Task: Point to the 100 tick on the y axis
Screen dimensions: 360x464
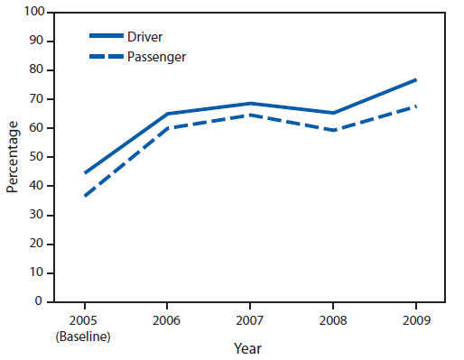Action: click(34, 12)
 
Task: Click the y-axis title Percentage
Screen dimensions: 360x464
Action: click(13, 158)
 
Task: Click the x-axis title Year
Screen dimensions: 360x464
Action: click(250, 348)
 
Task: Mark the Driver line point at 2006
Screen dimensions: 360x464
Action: click(167, 114)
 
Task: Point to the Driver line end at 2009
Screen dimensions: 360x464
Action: click(416, 79)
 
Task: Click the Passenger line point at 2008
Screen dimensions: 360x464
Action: click(333, 130)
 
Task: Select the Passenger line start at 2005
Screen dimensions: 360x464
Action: click(84, 196)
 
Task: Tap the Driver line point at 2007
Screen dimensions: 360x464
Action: click(250, 104)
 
